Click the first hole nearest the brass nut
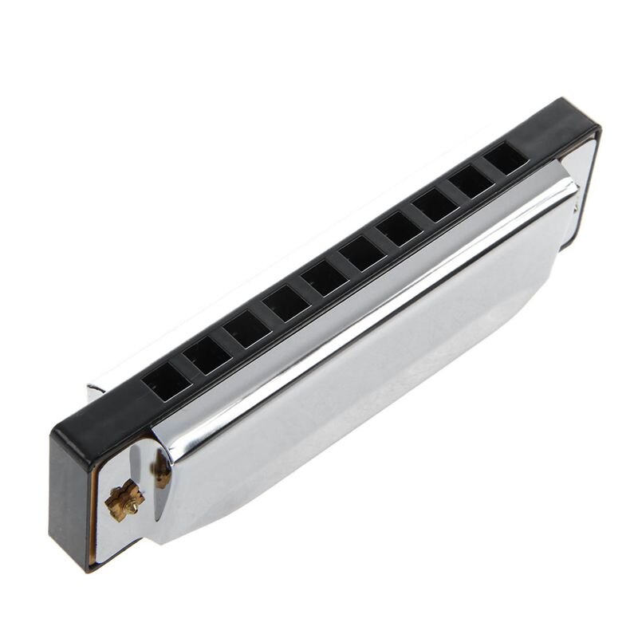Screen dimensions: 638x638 click(x=167, y=381)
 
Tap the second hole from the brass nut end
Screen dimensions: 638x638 click(x=207, y=355)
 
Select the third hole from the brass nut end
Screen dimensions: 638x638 click(x=246, y=329)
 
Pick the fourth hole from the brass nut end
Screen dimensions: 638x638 click(x=286, y=304)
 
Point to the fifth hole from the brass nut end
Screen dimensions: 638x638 click(x=325, y=278)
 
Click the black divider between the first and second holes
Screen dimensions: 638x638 click(x=187, y=368)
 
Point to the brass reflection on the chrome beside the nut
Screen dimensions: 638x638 click(x=163, y=471)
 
